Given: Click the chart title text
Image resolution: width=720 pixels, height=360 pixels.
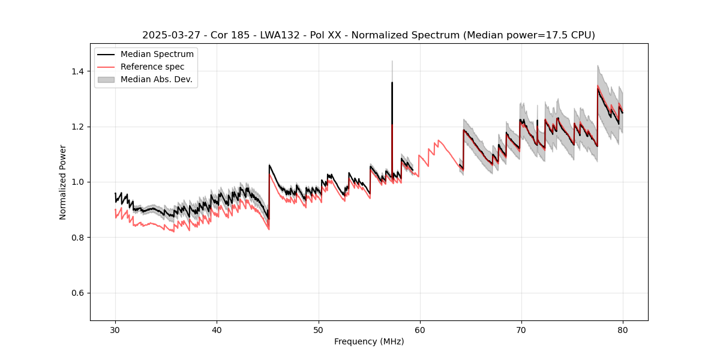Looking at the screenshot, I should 368,35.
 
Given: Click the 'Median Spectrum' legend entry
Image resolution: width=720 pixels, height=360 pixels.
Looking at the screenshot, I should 157,55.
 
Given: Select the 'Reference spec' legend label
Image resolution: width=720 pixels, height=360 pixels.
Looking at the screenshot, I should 152,67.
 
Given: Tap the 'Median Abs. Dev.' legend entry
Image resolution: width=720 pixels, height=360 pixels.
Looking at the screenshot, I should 156,79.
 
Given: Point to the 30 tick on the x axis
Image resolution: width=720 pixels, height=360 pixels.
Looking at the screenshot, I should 115,329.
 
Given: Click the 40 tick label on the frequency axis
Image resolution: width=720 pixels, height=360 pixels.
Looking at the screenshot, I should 217,329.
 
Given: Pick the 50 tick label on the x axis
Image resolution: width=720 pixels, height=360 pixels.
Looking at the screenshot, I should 318,329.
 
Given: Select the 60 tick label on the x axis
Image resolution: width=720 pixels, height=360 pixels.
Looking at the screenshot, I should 419,329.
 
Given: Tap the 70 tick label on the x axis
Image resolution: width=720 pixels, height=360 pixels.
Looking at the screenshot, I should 521,329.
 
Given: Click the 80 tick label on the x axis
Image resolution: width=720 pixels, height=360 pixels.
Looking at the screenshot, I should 622,329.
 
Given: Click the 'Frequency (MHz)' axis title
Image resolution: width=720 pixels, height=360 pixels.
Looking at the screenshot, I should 368,342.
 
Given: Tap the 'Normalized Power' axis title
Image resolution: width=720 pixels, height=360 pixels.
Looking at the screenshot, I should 63,182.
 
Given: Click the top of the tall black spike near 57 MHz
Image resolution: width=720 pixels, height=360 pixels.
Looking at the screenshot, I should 392,83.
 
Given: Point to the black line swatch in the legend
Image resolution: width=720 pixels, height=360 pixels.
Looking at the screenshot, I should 107,55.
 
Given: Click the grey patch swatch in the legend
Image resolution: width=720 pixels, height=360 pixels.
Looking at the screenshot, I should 107,79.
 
